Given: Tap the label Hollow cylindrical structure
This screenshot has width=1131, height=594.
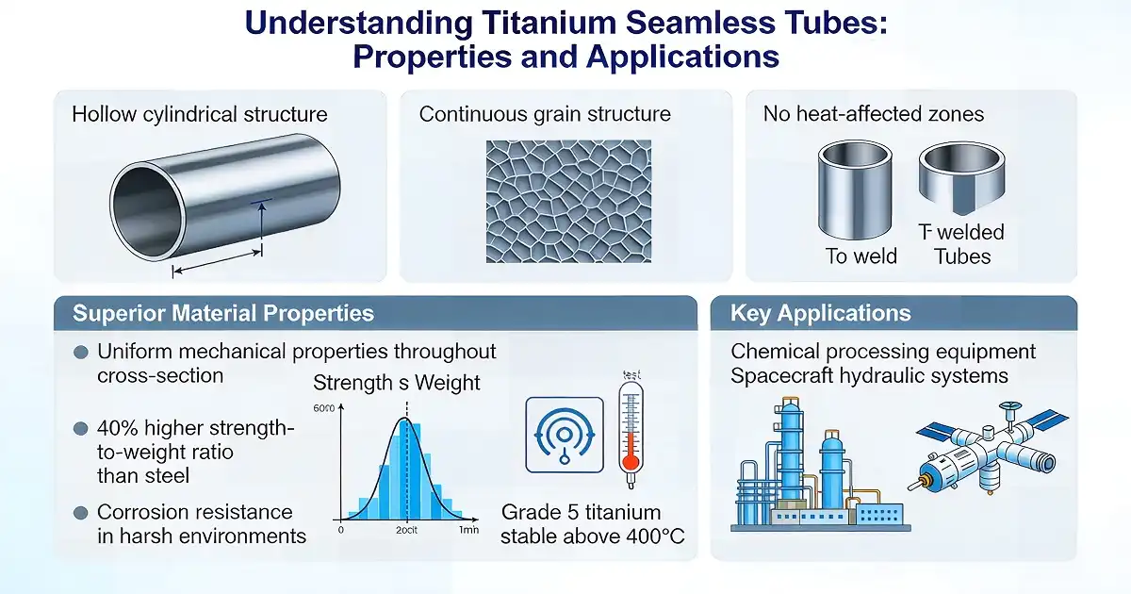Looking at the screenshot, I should pos(200,115).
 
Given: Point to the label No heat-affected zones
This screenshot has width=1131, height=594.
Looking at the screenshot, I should pos(873,115).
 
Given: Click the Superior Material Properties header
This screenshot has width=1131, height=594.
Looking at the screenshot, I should pos(223,314).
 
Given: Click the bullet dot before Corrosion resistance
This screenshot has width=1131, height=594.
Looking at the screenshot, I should pos(81,513).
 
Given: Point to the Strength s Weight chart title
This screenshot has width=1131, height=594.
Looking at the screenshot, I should pos(396,383).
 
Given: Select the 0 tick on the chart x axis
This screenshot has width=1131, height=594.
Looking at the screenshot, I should pos(340,531).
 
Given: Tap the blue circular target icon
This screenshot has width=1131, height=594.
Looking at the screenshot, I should pos(563,434).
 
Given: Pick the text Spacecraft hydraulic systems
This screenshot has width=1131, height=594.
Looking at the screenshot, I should pos(869,376).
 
